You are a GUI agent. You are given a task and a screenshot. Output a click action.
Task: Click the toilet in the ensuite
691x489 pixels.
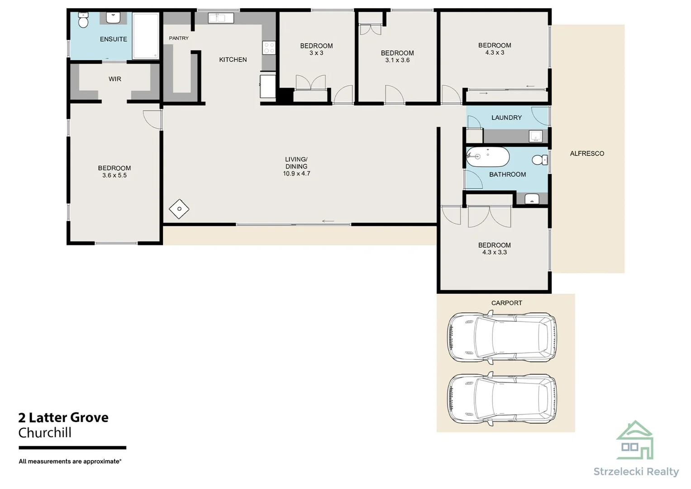(83, 20)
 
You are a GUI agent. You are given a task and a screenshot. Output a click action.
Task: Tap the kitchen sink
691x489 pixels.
(221, 18)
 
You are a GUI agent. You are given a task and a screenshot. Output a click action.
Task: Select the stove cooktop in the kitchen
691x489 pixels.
(269, 48)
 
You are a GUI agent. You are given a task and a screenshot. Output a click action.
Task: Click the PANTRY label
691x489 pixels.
(179, 38)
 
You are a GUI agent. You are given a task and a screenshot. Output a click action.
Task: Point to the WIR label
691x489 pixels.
(115, 79)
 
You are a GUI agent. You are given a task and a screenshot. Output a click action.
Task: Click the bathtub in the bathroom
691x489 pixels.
(487, 157)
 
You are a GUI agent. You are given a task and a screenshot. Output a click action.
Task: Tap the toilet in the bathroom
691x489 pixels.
(540, 160)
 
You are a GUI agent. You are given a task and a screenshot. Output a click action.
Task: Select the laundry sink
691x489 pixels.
(535, 136)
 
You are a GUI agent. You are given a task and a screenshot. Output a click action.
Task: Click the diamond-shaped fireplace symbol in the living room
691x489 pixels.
(179, 209)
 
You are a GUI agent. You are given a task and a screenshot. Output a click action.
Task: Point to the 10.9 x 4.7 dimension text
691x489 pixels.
(296, 173)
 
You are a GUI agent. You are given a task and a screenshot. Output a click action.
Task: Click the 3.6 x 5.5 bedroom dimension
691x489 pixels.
(114, 175)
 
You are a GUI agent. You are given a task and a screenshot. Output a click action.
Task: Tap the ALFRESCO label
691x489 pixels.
(587, 153)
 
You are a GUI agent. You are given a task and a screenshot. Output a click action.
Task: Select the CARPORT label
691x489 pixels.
(506, 303)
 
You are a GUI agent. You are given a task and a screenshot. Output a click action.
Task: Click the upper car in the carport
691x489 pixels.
(502, 337)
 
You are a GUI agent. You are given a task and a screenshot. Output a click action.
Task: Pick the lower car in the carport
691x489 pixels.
(502, 398)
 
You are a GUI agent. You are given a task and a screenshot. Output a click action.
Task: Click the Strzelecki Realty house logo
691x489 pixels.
(635, 440)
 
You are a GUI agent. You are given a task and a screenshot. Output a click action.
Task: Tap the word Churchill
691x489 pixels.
(45, 433)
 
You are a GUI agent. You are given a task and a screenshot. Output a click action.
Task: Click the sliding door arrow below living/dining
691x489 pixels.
(328, 221)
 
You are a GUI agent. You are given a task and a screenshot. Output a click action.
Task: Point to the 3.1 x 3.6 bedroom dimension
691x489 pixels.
(397, 60)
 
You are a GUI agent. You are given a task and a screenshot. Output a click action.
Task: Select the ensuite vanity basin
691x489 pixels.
(113, 18)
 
